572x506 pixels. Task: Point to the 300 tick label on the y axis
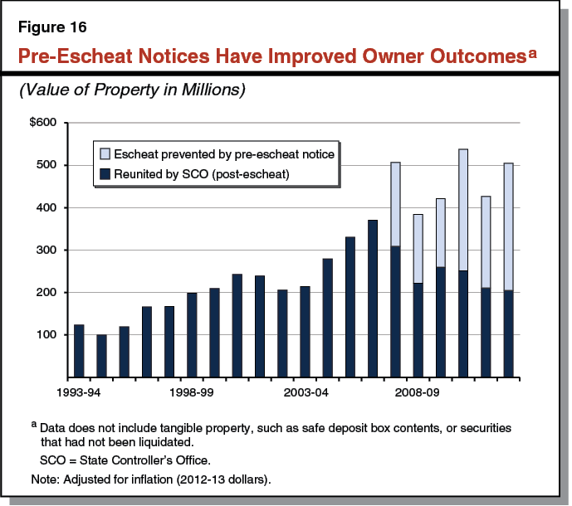tap(47, 250)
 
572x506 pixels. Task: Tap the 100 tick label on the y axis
tap(47, 334)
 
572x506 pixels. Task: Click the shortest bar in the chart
tap(102, 356)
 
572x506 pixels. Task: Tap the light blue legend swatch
tap(104, 153)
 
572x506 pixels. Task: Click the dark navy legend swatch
tap(104, 174)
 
